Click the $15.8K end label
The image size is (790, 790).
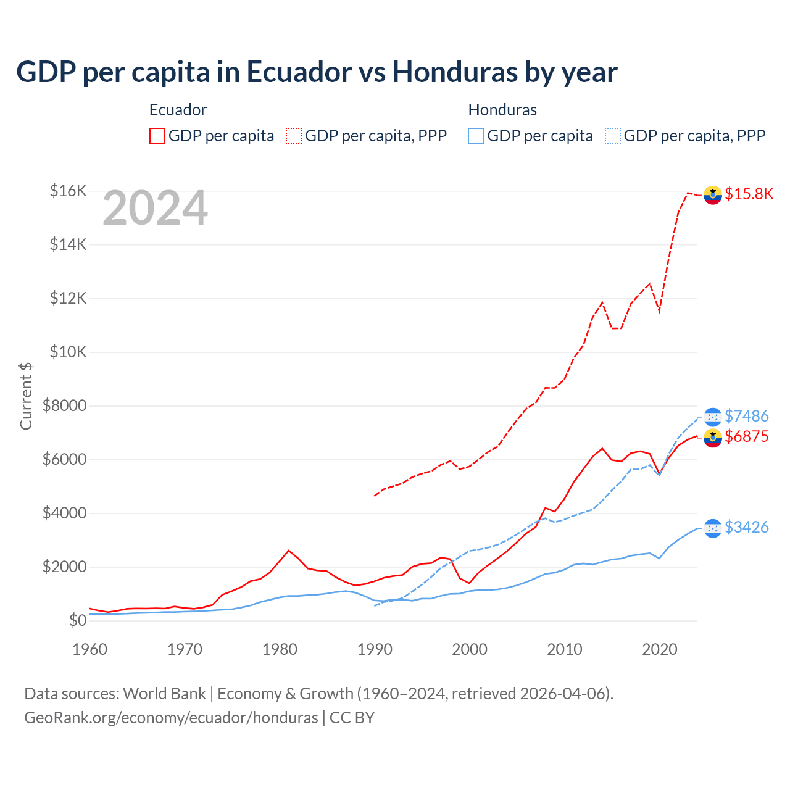[x=749, y=194]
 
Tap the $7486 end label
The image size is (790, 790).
[x=746, y=416]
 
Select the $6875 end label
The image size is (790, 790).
[x=746, y=437]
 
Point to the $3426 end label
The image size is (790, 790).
[x=746, y=527]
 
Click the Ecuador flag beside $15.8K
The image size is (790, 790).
[x=713, y=194]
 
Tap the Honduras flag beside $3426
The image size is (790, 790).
[x=713, y=528]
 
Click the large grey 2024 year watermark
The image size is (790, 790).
[x=155, y=209]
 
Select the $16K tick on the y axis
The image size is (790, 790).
[x=69, y=191]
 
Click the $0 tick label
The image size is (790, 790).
[x=77, y=620]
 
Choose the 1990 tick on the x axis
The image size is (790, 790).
[x=375, y=649]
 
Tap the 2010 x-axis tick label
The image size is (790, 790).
[x=565, y=649]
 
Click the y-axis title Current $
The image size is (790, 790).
[x=26, y=396]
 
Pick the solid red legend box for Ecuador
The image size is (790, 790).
[x=157, y=136]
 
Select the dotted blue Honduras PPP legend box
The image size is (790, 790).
[x=613, y=136]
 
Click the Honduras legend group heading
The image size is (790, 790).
[x=502, y=110]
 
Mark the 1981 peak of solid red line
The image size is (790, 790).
[x=289, y=550]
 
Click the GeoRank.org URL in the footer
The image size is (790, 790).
[x=171, y=718]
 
